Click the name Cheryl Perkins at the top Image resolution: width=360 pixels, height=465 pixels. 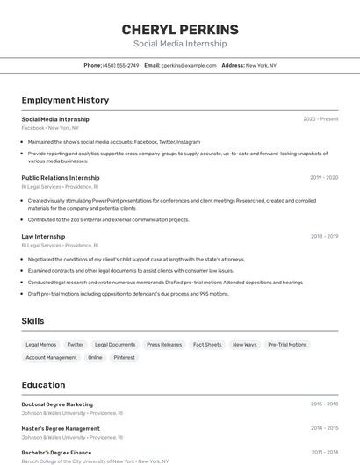pyautogui.click(x=179, y=29)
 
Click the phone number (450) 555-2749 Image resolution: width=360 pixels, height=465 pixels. pyautogui.click(x=120, y=65)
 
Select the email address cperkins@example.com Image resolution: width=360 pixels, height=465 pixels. pyautogui.click(x=189, y=65)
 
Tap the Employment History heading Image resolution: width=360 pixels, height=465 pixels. pyautogui.click(x=65, y=100)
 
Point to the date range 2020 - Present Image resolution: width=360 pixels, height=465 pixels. pyautogui.click(x=320, y=119)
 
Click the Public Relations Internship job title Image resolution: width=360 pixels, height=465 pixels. pyautogui.click(x=61, y=178)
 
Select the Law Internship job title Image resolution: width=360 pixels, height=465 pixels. pyautogui.click(x=43, y=236)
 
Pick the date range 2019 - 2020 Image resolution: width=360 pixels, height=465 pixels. pyautogui.click(x=324, y=178)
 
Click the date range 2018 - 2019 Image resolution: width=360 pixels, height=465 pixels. pyautogui.click(x=324, y=236)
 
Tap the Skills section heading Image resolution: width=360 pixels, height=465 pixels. pyautogui.click(x=32, y=321)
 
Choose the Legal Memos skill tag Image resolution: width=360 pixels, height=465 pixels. pyautogui.click(x=41, y=345)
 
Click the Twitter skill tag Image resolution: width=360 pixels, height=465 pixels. pyautogui.click(x=76, y=345)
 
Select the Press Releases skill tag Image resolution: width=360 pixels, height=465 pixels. pyautogui.click(x=164, y=345)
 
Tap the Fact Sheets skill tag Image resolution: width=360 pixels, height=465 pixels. pyautogui.click(x=207, y=345)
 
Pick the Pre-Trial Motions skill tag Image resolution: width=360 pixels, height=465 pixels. pyautogui.click(x=287, y=345)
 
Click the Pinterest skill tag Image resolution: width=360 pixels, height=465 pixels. pyautogui.click(x=124, y=357)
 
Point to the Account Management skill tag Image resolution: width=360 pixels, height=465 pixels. pyautogui.click(x=51, y=357)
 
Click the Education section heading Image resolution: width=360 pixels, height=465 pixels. pyautogui.click(x=43, y=384)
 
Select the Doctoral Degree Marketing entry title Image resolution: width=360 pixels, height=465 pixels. pyautogui.click(x=57, y=404)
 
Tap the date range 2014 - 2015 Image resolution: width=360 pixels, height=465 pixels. pyautogui.click(x=324, y=428)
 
